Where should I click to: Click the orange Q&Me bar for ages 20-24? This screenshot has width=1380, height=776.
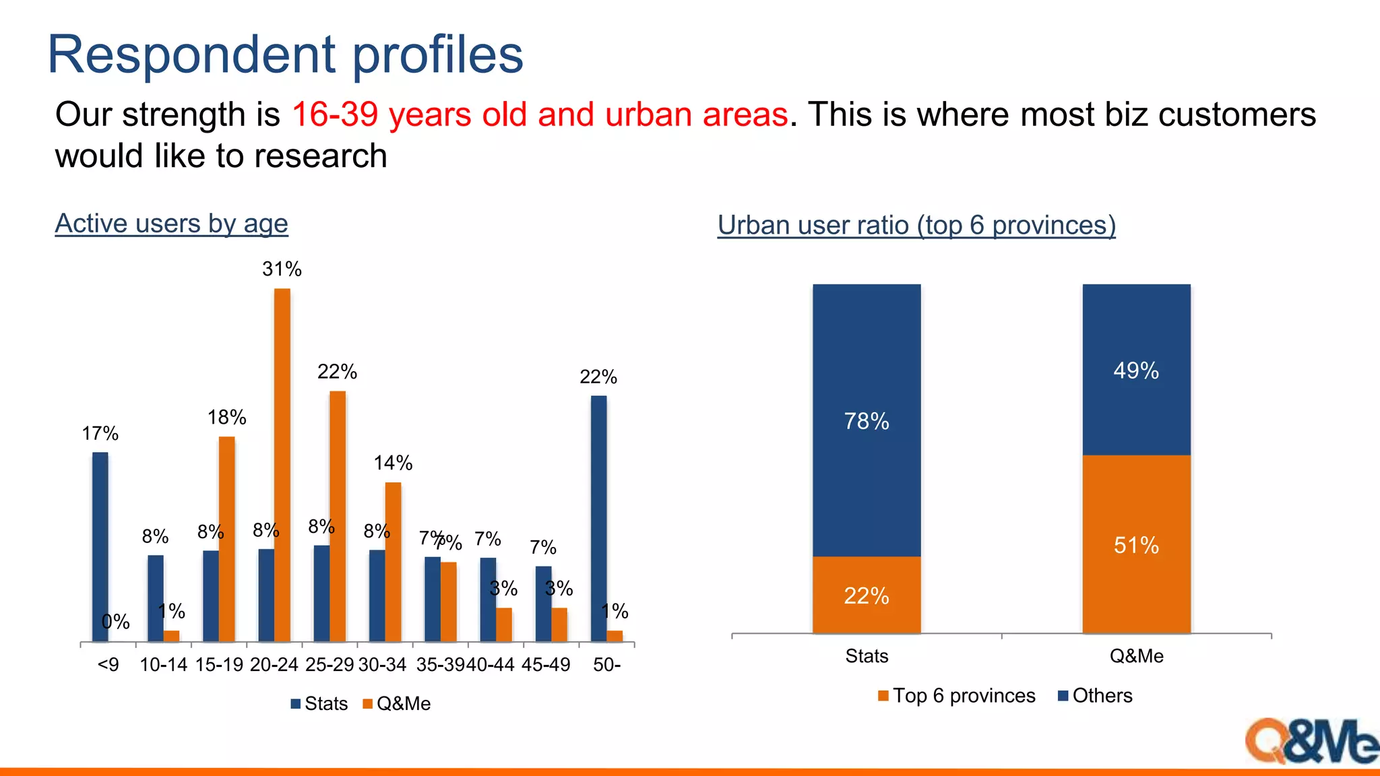point(282,465)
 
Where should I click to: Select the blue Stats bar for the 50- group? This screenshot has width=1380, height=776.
point(598,519)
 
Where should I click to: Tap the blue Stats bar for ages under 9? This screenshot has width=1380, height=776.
point(100,546)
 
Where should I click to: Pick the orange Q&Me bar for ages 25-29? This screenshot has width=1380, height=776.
point(338,516)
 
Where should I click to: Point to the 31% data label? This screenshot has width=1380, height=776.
point(282,269)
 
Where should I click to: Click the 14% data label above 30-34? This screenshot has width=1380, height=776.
point(393,463)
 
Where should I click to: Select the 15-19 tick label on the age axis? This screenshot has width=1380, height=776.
point(219,665)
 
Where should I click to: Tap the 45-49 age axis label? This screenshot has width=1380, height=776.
point(546,665)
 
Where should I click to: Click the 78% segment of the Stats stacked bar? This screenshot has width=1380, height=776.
point(867,420)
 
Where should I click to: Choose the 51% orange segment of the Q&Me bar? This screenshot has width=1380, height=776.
point(1136,544)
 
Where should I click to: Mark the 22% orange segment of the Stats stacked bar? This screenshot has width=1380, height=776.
point(867,595)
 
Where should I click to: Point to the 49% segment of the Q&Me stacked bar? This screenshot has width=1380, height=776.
point(1136,370)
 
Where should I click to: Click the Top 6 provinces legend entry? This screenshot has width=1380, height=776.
point(957,696)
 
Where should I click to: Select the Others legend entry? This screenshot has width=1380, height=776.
point(1096,696)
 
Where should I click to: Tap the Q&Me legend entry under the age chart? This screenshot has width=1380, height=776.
point(397,704)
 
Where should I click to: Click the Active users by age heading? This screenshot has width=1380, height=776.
point(171,224)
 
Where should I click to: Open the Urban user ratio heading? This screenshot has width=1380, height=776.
point(916,225)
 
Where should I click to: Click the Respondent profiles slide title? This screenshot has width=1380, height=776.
point(285,55)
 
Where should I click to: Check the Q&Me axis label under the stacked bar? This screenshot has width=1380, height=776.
point(1136,656)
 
